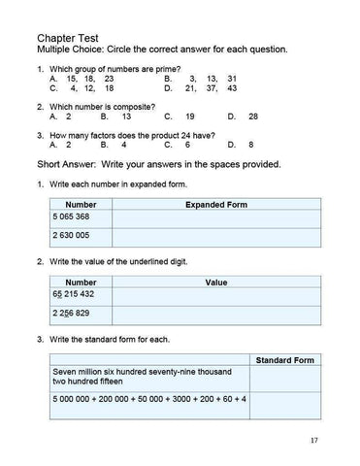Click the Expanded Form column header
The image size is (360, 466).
point(215,206)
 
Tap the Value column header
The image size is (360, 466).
point(215,283)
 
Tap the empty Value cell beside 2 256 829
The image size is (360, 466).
point(215,315)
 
